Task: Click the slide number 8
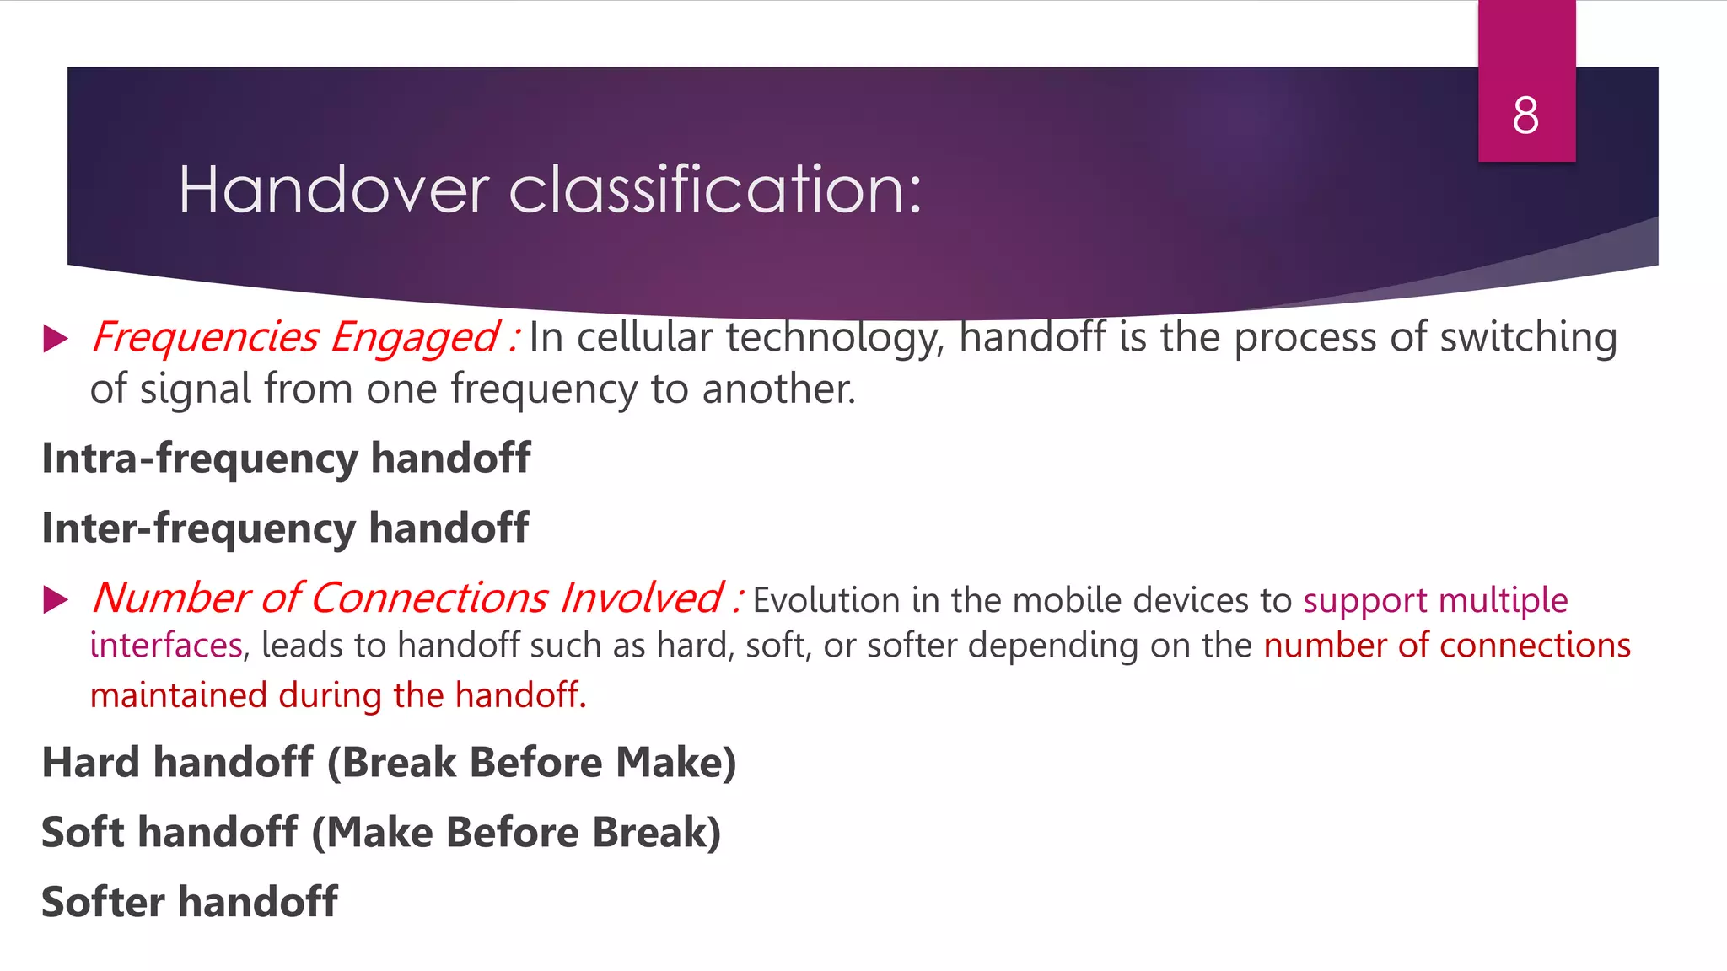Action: pyautogui.click(x=1525, y=115)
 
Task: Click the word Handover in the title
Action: pyautogui.click(x=334, y=190)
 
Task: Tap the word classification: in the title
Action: pyautogui.click(x=716, y=190)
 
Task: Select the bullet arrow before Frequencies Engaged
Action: pyautogui.click(x=56, y=339)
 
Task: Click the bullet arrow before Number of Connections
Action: pyautogui.click(x=56, y=600)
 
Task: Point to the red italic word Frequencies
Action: pyautogui.click(x=205, y=338)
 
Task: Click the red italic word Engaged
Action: pyautogui.click(x=415, y=338)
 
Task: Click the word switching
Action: pyautogui.click(x=1528, y=338)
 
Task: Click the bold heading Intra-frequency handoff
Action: pyautogui.click(x=286, y=459)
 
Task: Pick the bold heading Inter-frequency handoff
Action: pyautogui.click(x=285, y=528)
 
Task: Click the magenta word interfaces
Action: pyautogui.click(x=166, y=646)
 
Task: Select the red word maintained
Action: pyautogui.click(x=178, y=696)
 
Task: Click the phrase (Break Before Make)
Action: pyautogui.click(x=531, y=763)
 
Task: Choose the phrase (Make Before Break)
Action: pyautogui.click(x=516, y=833)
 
